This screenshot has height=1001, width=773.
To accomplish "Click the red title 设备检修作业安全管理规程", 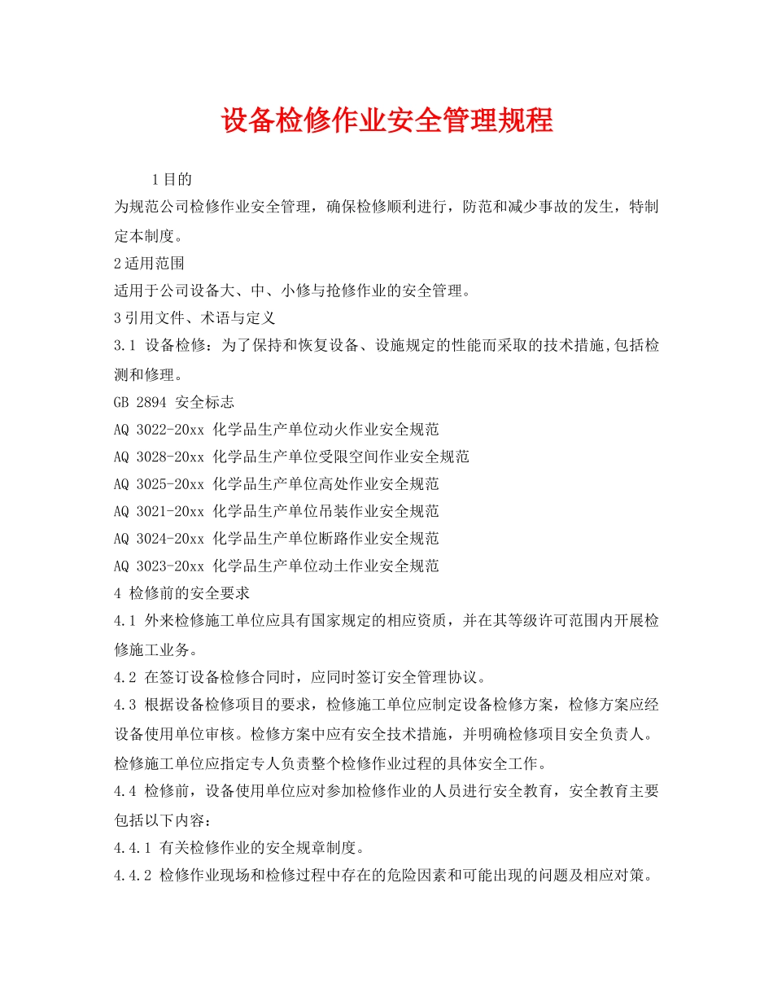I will pyautogui.click(x=386, y=120).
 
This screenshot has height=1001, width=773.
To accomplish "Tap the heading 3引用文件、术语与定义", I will pyautogui.click(x=195, y=317).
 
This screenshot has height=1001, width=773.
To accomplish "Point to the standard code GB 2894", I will pyautogui.click(x=141, y=401).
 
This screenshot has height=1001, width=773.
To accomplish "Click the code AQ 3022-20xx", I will pyautogui.click(x=159, y=429).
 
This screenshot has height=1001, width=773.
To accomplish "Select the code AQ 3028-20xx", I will pyautogui.click(x=159, y=457).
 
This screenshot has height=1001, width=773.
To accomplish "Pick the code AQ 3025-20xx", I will pyautogui.click(x=159, y=484).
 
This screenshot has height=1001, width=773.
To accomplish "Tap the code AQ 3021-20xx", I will pyautogui.click(x=159, y=511).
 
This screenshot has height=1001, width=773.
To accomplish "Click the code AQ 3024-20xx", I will pyautogui.click(x=159, y=539).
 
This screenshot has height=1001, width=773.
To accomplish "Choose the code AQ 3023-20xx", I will pyautogui.click(x=159, y=566).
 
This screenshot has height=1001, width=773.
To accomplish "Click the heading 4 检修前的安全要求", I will pyautogui.click(x=182, y=593).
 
